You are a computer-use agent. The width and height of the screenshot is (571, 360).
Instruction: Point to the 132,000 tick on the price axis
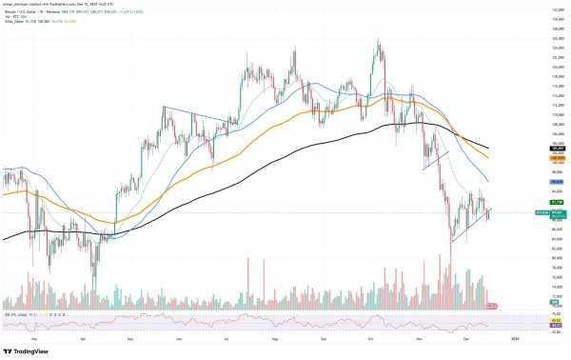tap(551, 8)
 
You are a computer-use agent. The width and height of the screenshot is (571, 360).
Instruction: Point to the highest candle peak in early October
tap(379, 39)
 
